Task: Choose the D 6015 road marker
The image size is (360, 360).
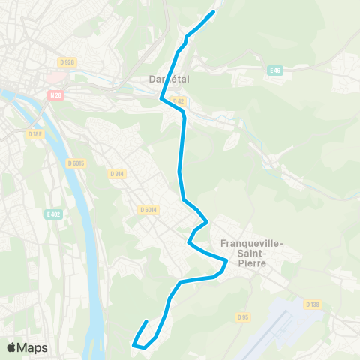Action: pos(76,163)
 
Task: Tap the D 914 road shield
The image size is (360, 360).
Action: pos(116,174)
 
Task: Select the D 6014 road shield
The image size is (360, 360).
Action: pos(147,211)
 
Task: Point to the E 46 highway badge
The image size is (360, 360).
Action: pos(274,70)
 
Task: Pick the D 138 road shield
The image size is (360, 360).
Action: pos(313,304)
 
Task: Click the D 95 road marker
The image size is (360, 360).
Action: pos(243,316)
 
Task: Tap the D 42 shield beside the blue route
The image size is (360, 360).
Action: pos(178,101)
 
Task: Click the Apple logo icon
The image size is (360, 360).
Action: pos(11,347)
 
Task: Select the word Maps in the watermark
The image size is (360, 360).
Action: pos(32,347)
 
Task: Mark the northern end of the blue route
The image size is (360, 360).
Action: pos(214,13)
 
